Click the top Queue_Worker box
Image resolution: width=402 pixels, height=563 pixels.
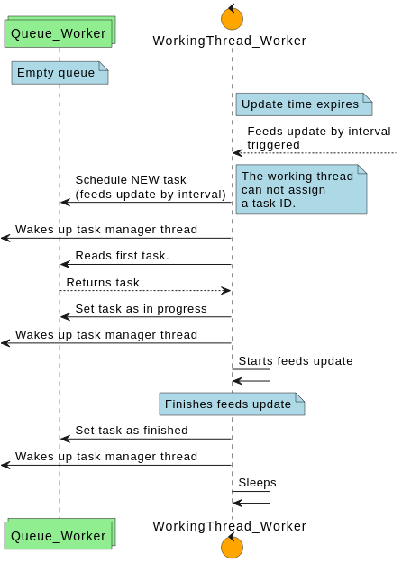point(59,34)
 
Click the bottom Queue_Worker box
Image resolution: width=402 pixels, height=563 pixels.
point(59,536)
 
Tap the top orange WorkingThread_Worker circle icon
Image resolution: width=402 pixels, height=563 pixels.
point(232,17)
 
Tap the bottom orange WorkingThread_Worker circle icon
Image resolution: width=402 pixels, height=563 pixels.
point(232,546)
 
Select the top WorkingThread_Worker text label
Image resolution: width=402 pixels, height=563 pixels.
point(229,41)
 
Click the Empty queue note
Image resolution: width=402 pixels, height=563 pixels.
point(59,73)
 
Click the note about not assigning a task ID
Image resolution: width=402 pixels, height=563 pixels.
point(301,189)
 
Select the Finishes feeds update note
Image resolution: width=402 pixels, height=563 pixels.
point(232,404)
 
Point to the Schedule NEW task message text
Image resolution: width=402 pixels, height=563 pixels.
point(150,186)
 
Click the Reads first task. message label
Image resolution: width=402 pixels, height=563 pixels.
point(122,256)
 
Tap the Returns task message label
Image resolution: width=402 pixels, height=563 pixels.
point(103,283)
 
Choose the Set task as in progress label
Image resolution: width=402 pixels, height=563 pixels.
point(141,309)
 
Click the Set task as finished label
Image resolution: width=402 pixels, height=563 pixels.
point(132,431)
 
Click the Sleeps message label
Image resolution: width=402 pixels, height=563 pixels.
point(257,483)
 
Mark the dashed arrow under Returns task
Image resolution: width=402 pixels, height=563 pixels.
point(144,291)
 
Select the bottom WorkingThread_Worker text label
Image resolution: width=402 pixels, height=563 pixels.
point(229,526)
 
